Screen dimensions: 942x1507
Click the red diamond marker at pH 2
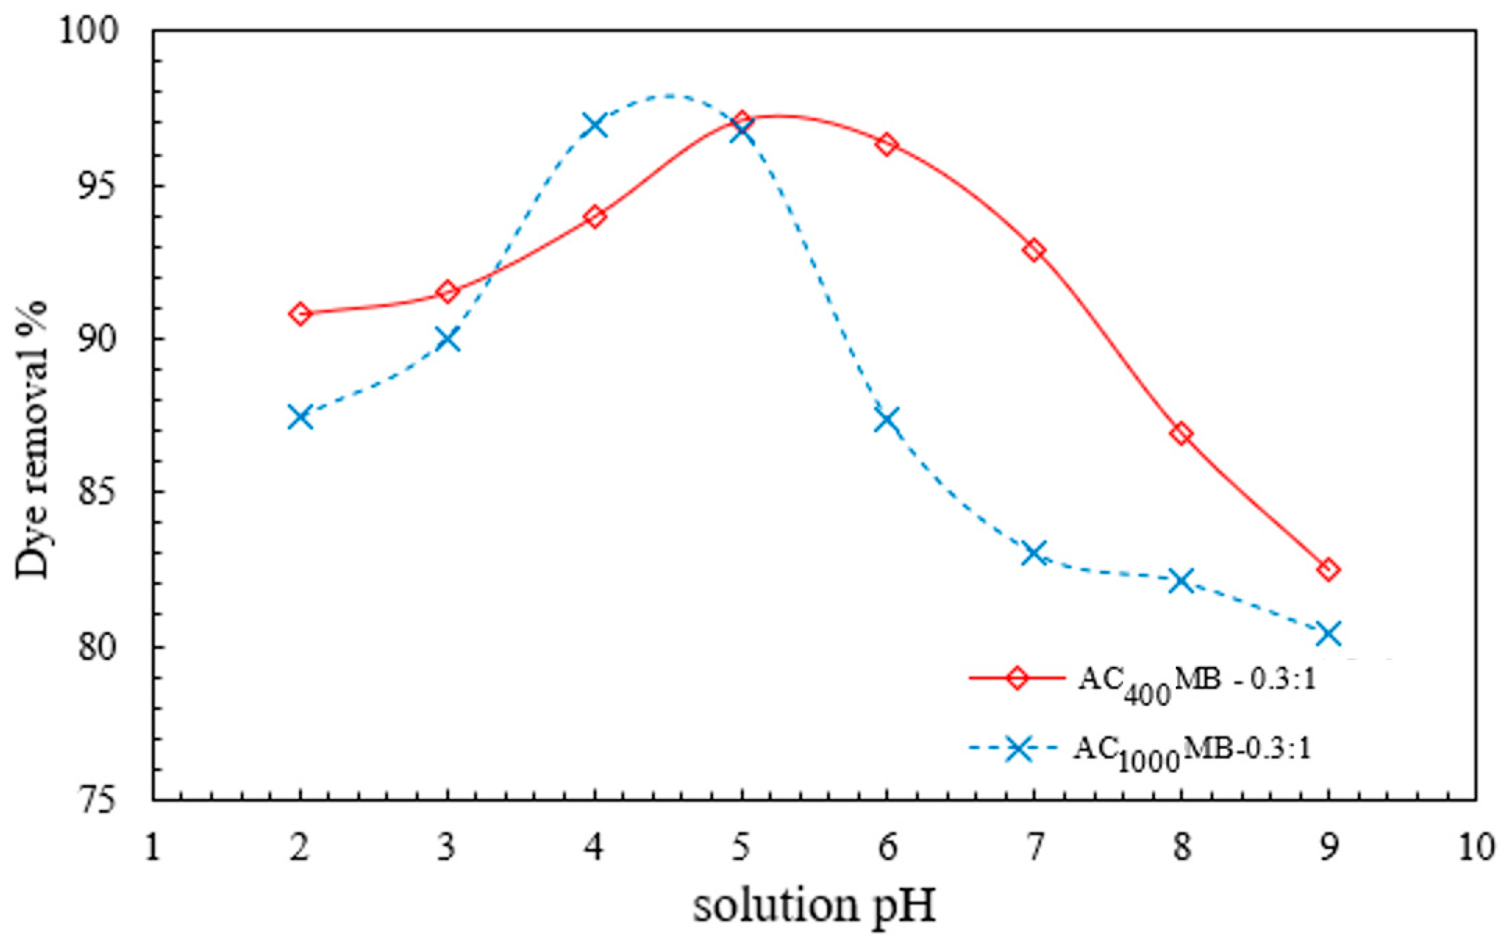(300, 313)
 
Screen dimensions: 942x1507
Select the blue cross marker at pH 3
(448, 340)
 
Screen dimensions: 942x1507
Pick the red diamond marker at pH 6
(887, 144)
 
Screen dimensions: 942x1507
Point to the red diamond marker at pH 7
(1034, 250)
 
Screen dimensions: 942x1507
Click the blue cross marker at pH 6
(887, 419)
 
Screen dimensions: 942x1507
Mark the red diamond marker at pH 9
(1328, 569)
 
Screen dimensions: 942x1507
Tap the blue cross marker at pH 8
(1181, 581)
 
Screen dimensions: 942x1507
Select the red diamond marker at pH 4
(595, 217)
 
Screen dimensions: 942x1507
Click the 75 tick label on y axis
(97, 799)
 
